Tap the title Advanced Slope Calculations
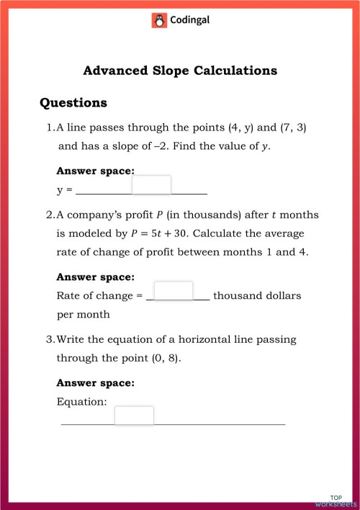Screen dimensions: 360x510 click(x=180, y=71)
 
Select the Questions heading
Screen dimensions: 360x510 click(x=73, y=103)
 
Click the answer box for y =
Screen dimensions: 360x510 click(x=152, y=185)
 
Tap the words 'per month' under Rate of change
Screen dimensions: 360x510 click(x=84, y=314)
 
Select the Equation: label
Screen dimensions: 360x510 click(x=82, y=401)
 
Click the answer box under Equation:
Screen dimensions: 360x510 click(x=134, y=416)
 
